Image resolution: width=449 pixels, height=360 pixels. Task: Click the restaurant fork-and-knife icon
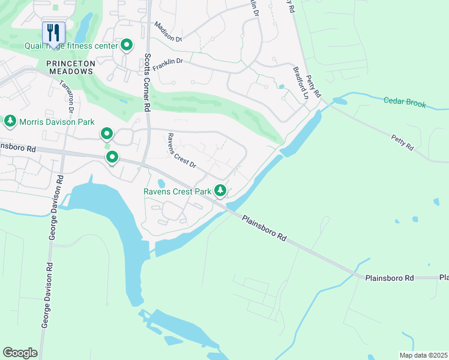click(x=53, y=31)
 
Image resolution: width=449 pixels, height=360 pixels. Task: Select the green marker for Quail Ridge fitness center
click(x=127, y=45)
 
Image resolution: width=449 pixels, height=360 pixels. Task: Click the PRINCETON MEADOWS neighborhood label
click(x=69, y=67)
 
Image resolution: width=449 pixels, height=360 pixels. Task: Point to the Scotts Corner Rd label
click(x=146, y=82)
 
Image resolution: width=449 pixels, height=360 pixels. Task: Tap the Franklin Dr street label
click(x=167, y=64)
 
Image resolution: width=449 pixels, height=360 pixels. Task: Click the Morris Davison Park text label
click(x=57, y=122)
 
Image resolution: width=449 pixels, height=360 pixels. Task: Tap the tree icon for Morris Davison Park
click(x=10, y=122)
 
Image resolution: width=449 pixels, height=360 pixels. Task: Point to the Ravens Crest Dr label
click(x=181, y=150)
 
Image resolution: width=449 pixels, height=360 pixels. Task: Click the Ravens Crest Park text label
click(x=177, y=192)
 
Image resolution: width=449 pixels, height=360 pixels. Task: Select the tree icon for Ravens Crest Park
click(x=221, y=191)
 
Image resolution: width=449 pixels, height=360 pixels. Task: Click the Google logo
click(x=20, y=352)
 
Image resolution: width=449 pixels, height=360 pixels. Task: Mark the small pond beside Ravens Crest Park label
click(x=160, y=183)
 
